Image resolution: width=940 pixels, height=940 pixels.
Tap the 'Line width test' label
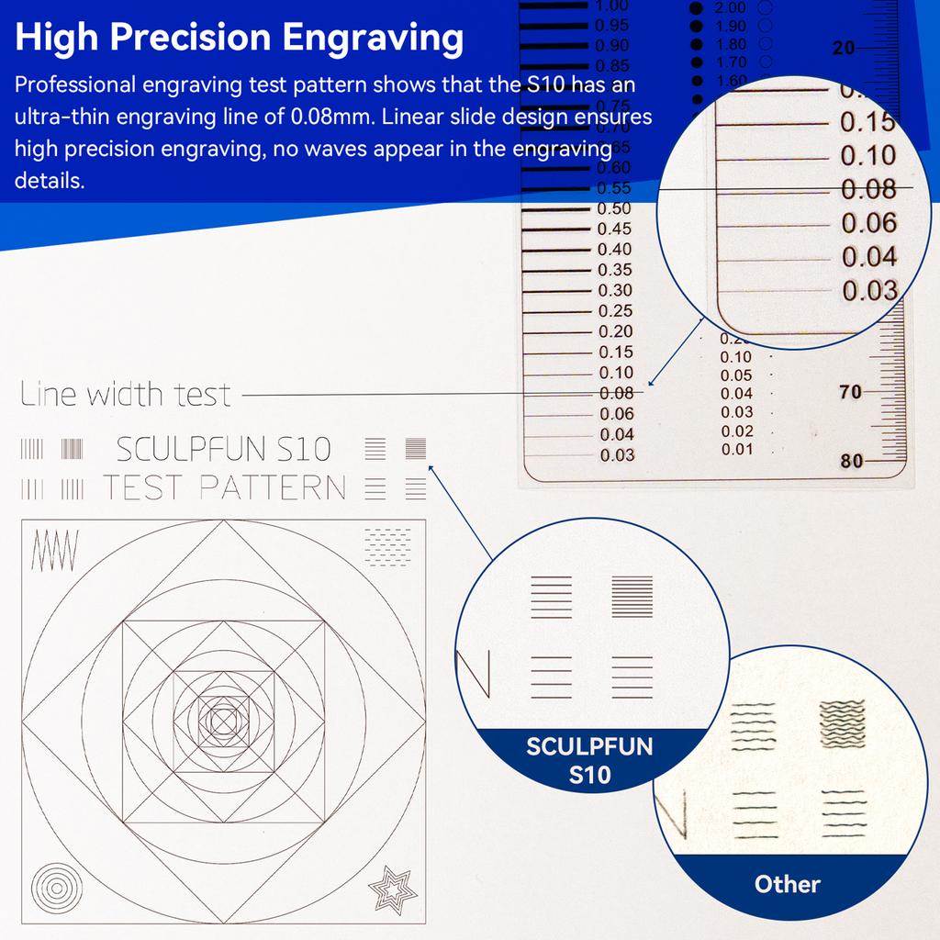click(x=126, y=395)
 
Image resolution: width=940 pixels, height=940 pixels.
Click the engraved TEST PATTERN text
click(x=224, y=487)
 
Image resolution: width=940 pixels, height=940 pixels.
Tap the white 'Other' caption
click(x=787, y=884)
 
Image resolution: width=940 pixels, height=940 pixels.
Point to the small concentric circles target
click(x=54, y=889)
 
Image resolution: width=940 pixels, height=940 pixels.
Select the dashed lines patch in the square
click(x=386, y=545)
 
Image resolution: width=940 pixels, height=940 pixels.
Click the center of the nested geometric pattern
click(x=223, y=721)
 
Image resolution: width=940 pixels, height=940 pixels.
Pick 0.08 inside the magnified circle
click(x=867, y=189)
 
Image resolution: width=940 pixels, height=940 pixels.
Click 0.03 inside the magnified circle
click(x=868, y=290)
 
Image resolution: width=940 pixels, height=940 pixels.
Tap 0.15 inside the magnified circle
click(x=867, y=122)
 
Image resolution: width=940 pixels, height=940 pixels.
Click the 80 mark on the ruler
click(x=852, y=461)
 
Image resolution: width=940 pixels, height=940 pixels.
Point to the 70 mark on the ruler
click(x=850, y=392)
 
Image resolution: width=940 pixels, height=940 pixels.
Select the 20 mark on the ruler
click(x=843, y=48)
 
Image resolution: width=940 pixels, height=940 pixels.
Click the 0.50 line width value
click(x=614, y=208)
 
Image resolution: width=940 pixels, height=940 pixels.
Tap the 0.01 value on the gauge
click(x=736, y=450)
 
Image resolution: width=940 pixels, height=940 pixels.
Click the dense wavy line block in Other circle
click(x=844, y=724)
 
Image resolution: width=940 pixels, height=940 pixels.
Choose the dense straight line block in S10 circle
click(x=632, y=595)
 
